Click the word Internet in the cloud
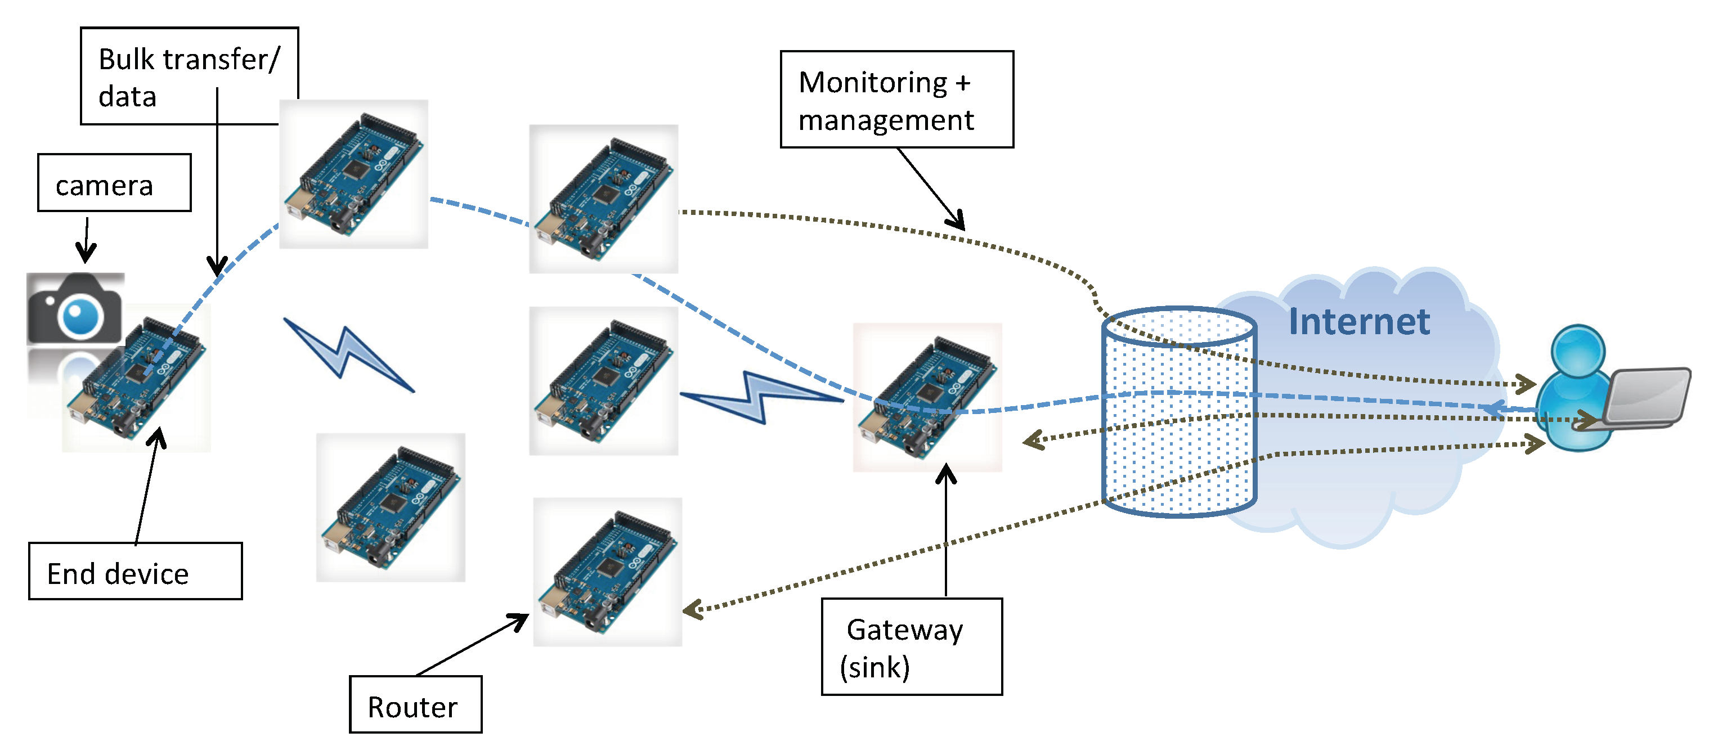1358,322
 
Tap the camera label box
114,183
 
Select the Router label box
415,704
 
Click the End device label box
135,572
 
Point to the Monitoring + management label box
896,100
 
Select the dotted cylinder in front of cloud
1178,412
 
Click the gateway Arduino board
927,397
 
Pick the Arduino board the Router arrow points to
607,572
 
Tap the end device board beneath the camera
136,379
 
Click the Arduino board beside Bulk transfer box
353,174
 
